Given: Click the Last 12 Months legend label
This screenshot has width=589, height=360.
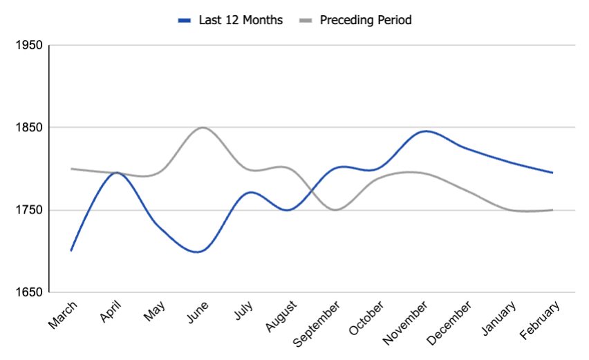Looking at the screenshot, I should [x=240, y=20].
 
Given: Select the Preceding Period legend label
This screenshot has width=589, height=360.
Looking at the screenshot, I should [x=366, y=20].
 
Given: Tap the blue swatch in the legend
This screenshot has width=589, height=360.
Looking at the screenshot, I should [x=184, y=21].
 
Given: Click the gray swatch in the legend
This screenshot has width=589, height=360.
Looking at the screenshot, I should [x=305, y=21].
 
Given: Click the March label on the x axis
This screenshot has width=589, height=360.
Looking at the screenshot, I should [x=64, y=314].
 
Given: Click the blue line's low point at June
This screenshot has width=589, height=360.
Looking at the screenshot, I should [x=198, y=252].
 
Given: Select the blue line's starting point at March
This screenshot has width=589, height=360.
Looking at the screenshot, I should [x=71, y=250].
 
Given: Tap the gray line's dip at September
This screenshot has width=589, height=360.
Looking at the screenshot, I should [x=335, y=209].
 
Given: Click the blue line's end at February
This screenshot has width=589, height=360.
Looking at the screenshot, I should [x=552, y=173].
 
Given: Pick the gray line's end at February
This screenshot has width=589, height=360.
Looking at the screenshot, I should [x=552, y=210].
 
